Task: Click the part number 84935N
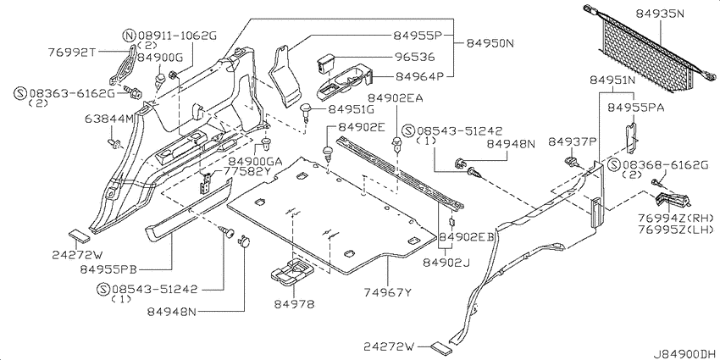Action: point(660,14)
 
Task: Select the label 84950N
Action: point(490,43)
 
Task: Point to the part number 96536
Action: point(415,57)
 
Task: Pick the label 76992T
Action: point(71,52)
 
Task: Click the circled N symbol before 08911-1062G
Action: point(130,36)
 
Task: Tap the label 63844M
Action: point(108,119)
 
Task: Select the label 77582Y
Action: point(247,171)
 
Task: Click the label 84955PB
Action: point(108,269)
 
